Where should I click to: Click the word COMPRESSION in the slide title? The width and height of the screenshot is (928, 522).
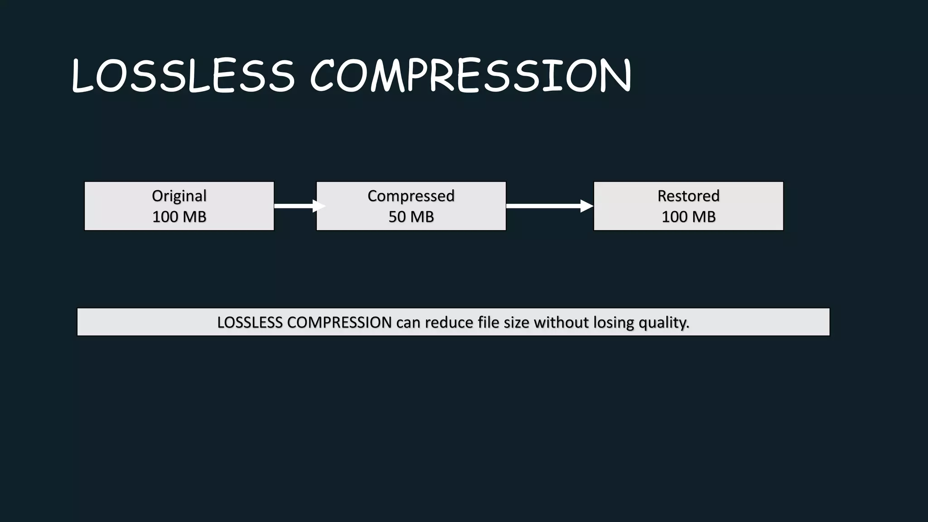(x=471, y=76)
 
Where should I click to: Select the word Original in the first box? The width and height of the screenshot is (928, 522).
(x=179, y=196)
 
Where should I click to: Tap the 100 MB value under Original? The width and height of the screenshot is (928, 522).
(x=179, y=217)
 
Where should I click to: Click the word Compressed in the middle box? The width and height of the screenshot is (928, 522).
(x=411, y=196)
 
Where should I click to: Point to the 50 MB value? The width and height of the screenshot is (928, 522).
(x=411, y=217)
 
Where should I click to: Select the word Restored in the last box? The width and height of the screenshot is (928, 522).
(x=688, y=196)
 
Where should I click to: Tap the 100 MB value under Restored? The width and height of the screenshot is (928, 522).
(x=688, y=217)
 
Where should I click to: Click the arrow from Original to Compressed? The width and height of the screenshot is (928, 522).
(x=297, y=206)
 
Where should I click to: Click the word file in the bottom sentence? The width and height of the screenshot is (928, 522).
(x=488, y=323)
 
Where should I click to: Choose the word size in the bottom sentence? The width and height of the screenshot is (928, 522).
(x=517, y=323)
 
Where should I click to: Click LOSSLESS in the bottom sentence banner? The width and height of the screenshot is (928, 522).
(x=250, y=323)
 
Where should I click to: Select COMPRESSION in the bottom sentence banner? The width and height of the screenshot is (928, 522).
(x=339, y=323)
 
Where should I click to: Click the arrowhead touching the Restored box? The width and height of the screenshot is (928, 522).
(x=587, y=206)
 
